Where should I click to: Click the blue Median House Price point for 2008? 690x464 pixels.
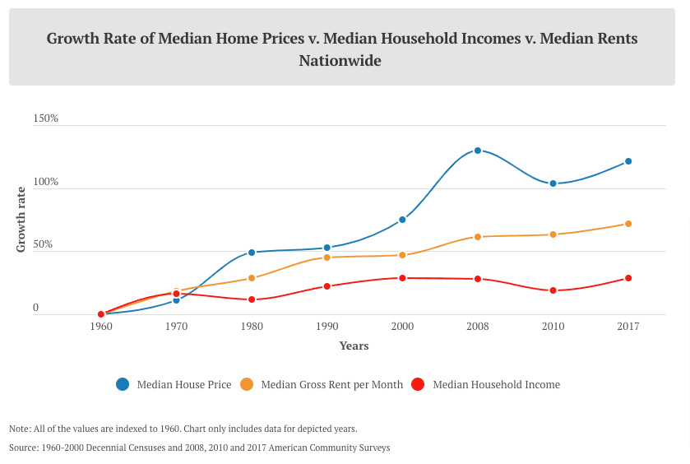tap(478, 151)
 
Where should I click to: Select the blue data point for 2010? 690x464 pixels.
tap(553, 183)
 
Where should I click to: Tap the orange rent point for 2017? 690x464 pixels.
tap(628, 224)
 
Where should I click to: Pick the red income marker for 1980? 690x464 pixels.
tap(252, 299)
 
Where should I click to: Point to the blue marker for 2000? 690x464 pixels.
tap(402, 220)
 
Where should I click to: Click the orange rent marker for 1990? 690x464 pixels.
tap(327, 258)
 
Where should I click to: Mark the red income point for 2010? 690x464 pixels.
tap(553, 290)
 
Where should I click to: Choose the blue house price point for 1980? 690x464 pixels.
tap(252, 253)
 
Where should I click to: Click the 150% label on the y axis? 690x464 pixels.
tap(45, 118)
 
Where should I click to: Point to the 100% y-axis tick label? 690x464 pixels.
tap(45, 182)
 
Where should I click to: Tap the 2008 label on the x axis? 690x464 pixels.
tap(478, 327)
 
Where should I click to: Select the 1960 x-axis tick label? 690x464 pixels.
tap(101, 327)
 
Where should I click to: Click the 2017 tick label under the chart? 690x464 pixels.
tap(628, 327)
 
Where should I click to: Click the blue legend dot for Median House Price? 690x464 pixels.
tap(123, 384)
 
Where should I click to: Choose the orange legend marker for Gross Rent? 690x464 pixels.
tap(247, 384)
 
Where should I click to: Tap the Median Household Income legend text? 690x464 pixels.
tap(497, 385)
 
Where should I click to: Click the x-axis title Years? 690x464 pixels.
tap(354, 346)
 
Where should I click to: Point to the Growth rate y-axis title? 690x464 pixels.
tap(21, 220)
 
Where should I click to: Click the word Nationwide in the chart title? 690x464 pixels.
tap(340, 60)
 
